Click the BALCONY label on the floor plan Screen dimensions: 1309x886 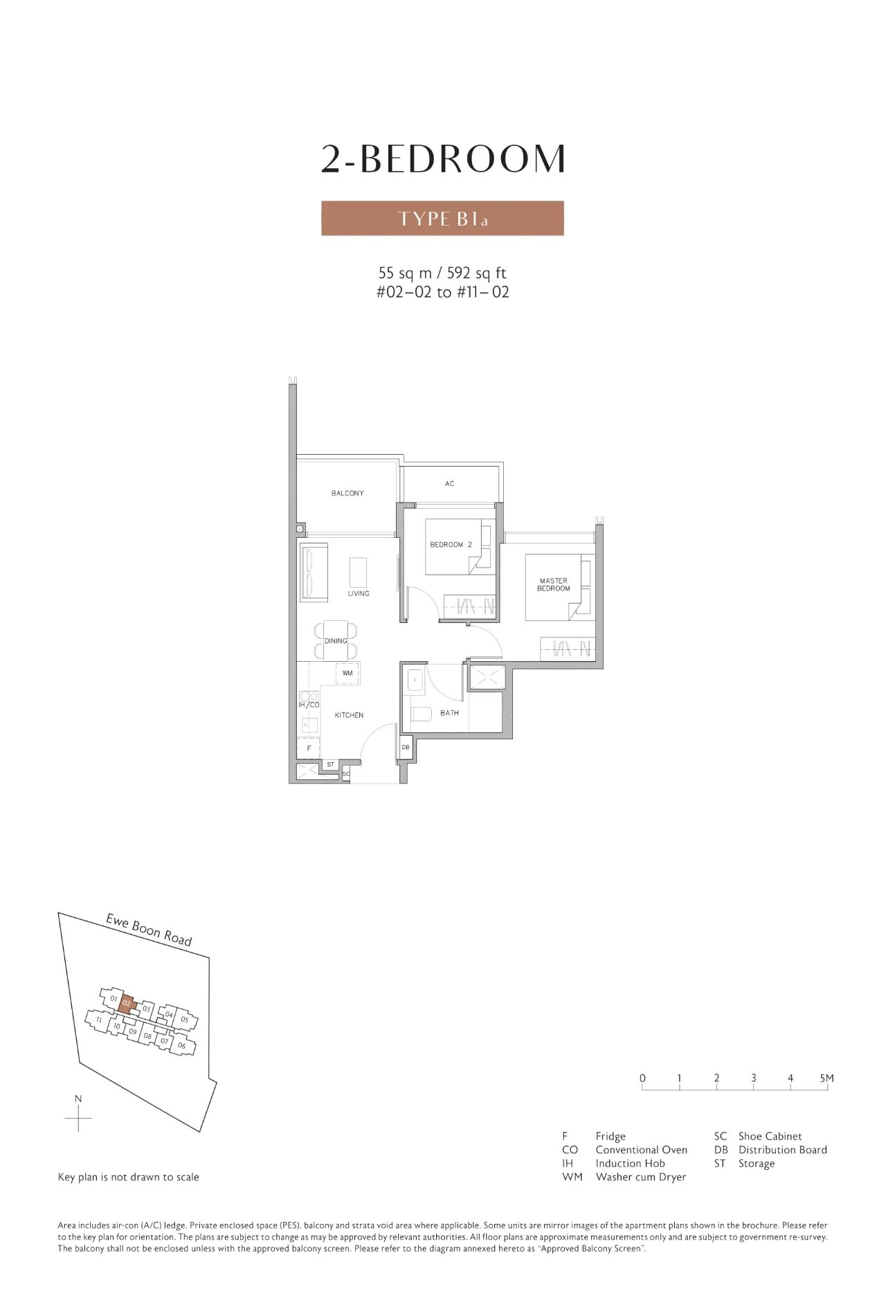click(347, 494)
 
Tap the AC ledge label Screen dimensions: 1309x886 click(450, 484)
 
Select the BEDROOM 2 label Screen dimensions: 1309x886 click(451, 545)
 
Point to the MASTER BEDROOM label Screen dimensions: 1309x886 click(554, 585)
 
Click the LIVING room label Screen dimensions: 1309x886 click(359, 593)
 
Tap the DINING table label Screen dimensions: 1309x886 click(336, 641)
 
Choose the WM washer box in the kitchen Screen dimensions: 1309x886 click(347, 673)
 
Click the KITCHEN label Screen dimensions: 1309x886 click(349, 715)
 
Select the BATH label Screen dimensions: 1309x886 click(449, 713)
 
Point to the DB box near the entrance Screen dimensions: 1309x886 click(406, 748)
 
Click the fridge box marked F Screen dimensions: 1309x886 click(309, 748)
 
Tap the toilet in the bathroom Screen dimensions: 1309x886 click(421, 714)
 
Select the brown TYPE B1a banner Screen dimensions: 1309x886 click(442, 219)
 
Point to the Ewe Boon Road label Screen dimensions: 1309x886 click(149, 930)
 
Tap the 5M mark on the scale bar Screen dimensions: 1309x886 click(826, 1078)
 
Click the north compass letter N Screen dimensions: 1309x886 click(79, 1099)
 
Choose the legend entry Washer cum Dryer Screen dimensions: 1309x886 click(640, 1177)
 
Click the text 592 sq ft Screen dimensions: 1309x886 click(477, 273)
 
